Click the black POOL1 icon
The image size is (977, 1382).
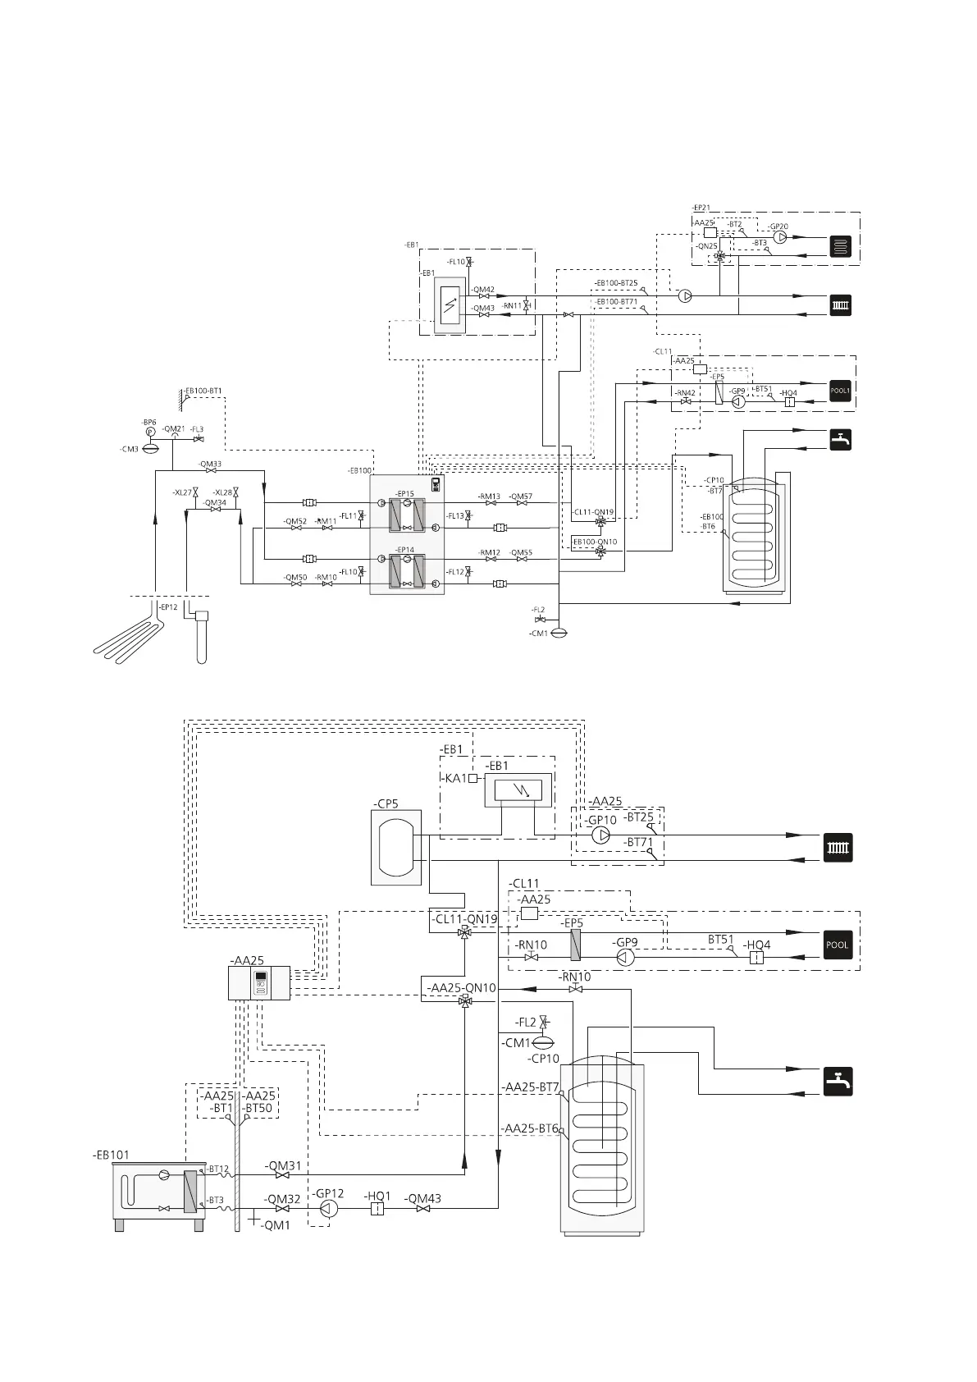840,391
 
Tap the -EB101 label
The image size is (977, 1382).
111,1155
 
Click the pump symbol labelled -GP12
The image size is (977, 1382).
328,1209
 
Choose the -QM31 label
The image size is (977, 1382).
283,1165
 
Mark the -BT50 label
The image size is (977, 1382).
258,1108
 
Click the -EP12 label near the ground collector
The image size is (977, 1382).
167,607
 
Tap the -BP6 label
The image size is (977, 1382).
148,422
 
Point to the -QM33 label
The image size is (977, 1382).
210,464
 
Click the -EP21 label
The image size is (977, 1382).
701,208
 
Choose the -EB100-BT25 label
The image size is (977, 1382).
616,283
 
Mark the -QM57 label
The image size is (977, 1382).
520,497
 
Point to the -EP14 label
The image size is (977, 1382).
404,550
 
